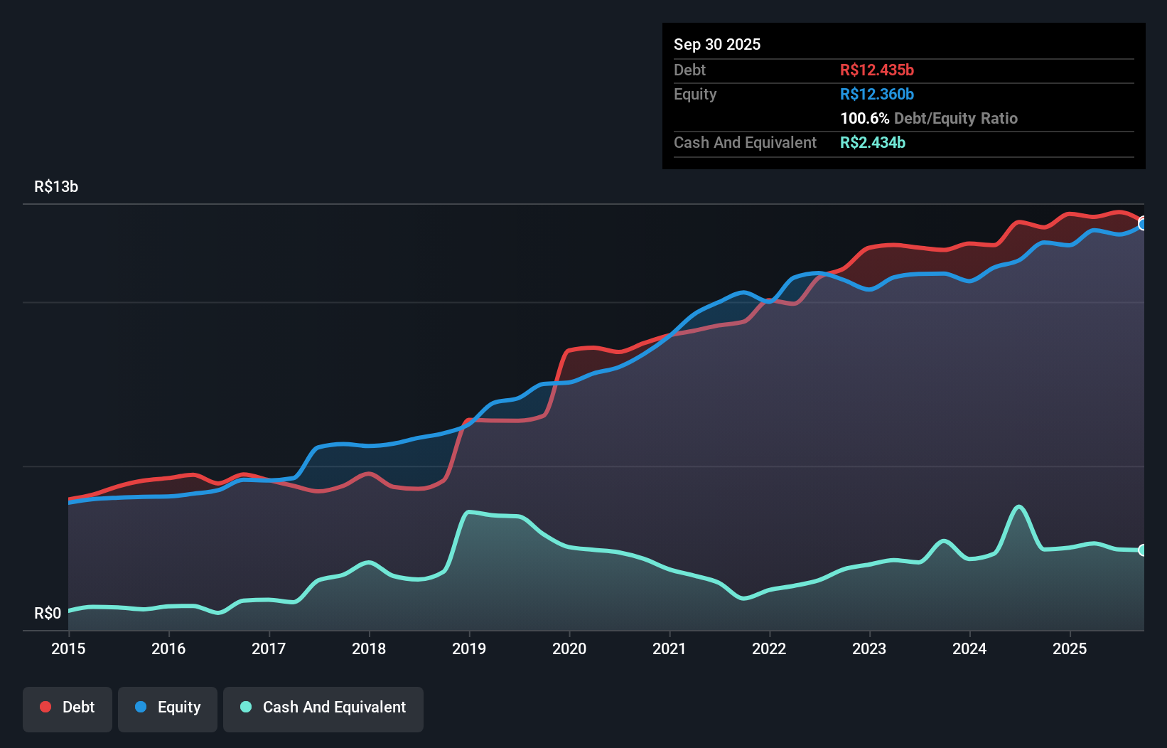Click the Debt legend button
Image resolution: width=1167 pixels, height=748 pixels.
pyautogui.click(x=68, y=707)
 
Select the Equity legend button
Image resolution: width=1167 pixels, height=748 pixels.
pyautogui.click(x=168, y=707)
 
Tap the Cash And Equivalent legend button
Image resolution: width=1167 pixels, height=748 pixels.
pyautogui.click(x=323, y=707)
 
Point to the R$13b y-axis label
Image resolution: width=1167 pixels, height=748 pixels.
pyautogui.click(x=56, y=187)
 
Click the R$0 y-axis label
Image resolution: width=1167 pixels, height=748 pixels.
pyautogui.click(x=48, y=613)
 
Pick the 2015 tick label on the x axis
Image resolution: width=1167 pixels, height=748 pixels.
pyautogui.click(x=68, y=648)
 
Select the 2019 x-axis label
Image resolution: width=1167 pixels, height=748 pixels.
pyautogui.click(x=469, y=648)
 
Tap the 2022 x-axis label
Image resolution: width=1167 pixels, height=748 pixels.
pyautogui.click(x=769, y=648)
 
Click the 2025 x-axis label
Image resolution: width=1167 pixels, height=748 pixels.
pyautogui.click(x=1070, y=648)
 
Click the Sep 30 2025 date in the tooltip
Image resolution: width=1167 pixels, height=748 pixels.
pyautogui.click(x=717, y=45)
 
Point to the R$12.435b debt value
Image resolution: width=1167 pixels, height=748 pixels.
pyautogui.click(x=877, y=70)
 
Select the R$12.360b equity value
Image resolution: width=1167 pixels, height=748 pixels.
pyautogui.click(x=877, y=95)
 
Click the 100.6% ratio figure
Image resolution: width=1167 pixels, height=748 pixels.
pyautogui.click(x=864, y=119)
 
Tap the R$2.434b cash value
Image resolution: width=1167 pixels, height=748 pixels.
pyautogui.click(x=873, y=143)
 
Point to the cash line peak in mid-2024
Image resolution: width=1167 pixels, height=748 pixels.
pyautogui.click(x=1019, y=507)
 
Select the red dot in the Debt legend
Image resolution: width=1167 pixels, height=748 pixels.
pyautogui.click(x=45, y=707)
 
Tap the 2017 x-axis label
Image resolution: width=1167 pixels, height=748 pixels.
pyautogui.click(x=269, y=648)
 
